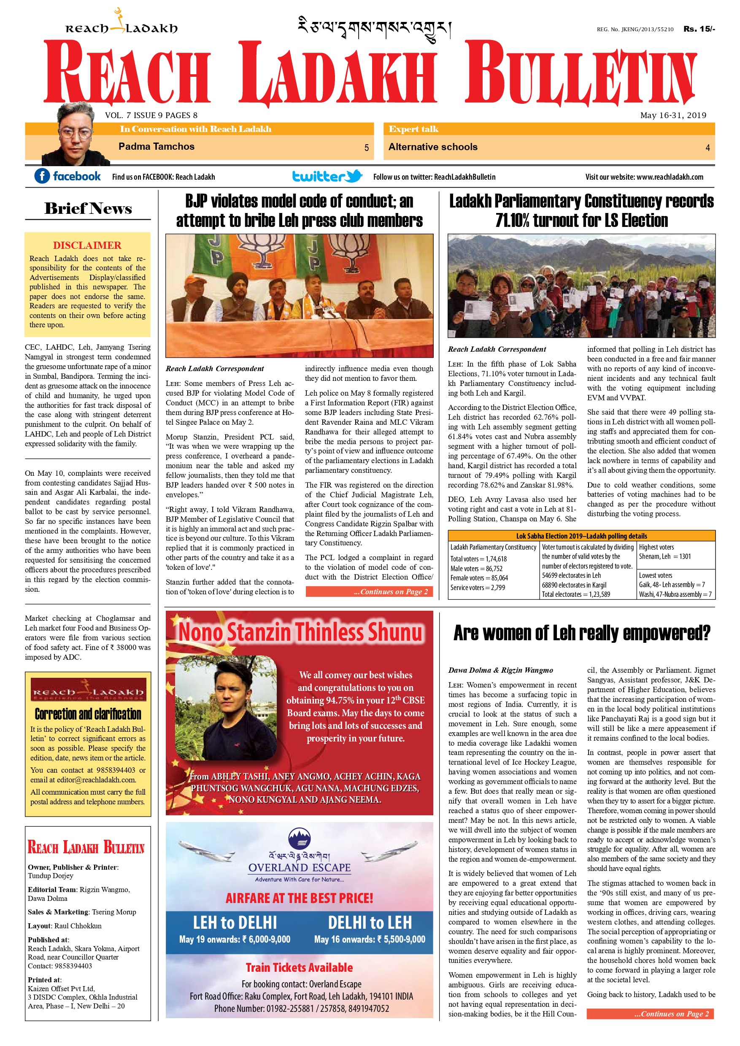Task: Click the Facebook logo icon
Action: (x=42, y=176)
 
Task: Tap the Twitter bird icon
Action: (x=354, y=176)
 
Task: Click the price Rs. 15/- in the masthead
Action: (x=699, y=29)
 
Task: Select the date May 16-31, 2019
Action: (x=673, y=115)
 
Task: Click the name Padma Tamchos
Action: (x=156, y=146)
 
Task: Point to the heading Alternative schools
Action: (x=432, y=147)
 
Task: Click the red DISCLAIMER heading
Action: (x=87, y=245)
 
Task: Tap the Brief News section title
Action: (x=88, y=208)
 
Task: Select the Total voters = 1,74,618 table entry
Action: (x=472, y=558)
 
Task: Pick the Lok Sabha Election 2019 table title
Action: (x=581, y=536)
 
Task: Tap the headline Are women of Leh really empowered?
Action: (x=581, y=633)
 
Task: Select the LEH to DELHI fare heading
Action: (x=235, y=922)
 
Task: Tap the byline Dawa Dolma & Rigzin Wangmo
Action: (x=500, y=670)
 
